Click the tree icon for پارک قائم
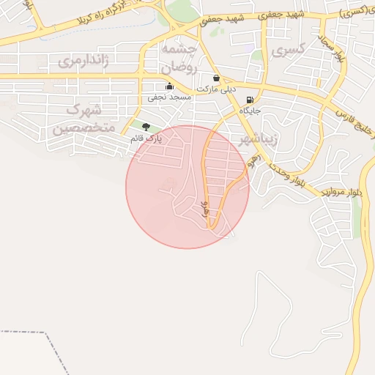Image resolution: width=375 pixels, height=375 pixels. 146,127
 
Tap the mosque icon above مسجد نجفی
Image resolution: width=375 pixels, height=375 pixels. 170,86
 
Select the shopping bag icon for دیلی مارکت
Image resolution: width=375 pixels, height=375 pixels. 216,78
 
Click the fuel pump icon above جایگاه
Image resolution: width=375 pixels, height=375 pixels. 250,100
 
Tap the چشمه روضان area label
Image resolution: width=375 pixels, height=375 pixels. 177,56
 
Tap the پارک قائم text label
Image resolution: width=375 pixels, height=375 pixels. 146,138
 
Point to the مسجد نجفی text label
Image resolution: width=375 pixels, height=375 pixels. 169,97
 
